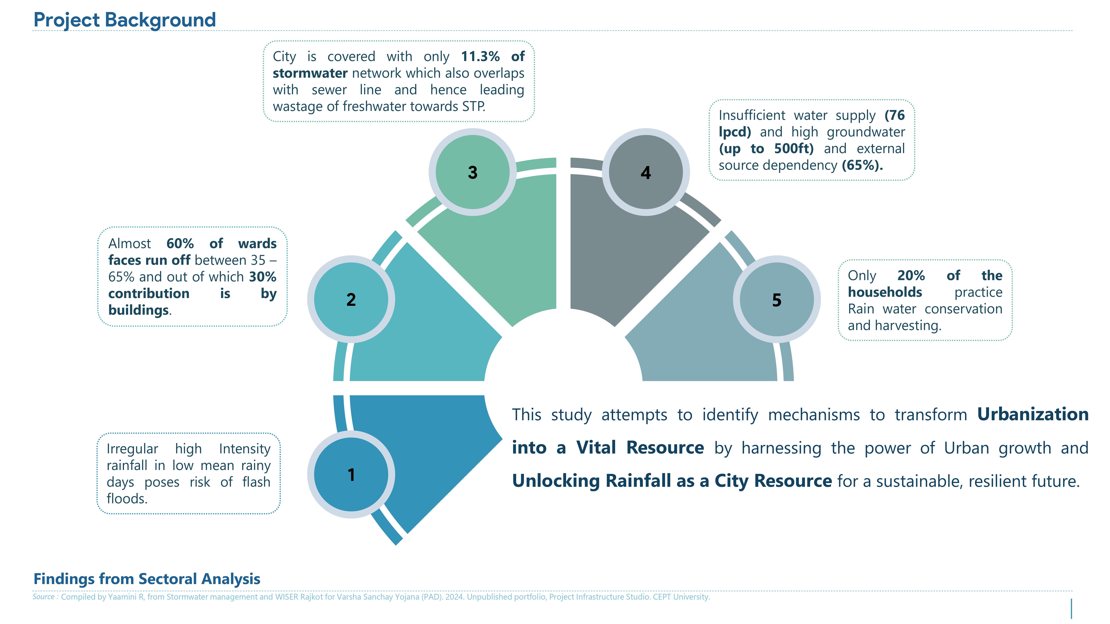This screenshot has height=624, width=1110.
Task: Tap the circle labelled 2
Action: pos(351,299)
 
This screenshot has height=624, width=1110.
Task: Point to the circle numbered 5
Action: pos(777,299)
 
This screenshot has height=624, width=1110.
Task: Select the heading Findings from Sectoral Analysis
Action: pos(147,579)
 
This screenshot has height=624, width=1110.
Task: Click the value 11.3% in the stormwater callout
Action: pos(480,56)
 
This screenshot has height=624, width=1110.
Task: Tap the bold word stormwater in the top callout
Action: pos(310,73)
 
